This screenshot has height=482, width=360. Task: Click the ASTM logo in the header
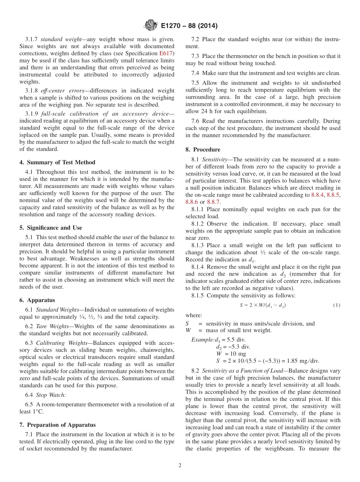pyautogui.click(x=150, y=26)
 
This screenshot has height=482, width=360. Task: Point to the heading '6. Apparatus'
pyautogui.click(x=37, y=300)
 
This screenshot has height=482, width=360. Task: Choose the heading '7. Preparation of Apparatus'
pyautogui.click(x=57, y=424)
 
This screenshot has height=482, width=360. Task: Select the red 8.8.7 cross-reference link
pyautogui.click(x=213, y=202)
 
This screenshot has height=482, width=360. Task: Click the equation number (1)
pyautogui.click(x=337, y=305)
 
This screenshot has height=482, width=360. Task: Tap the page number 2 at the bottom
pyautogui.click(x=180, y=466)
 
